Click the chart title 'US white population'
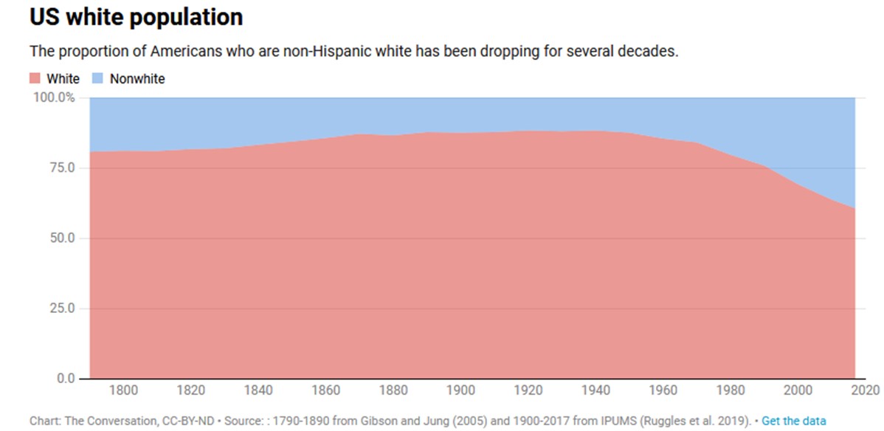coord(136,17)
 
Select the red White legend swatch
coord(35,78)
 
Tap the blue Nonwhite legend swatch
coord(97,78)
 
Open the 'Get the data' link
coord(794,421)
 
